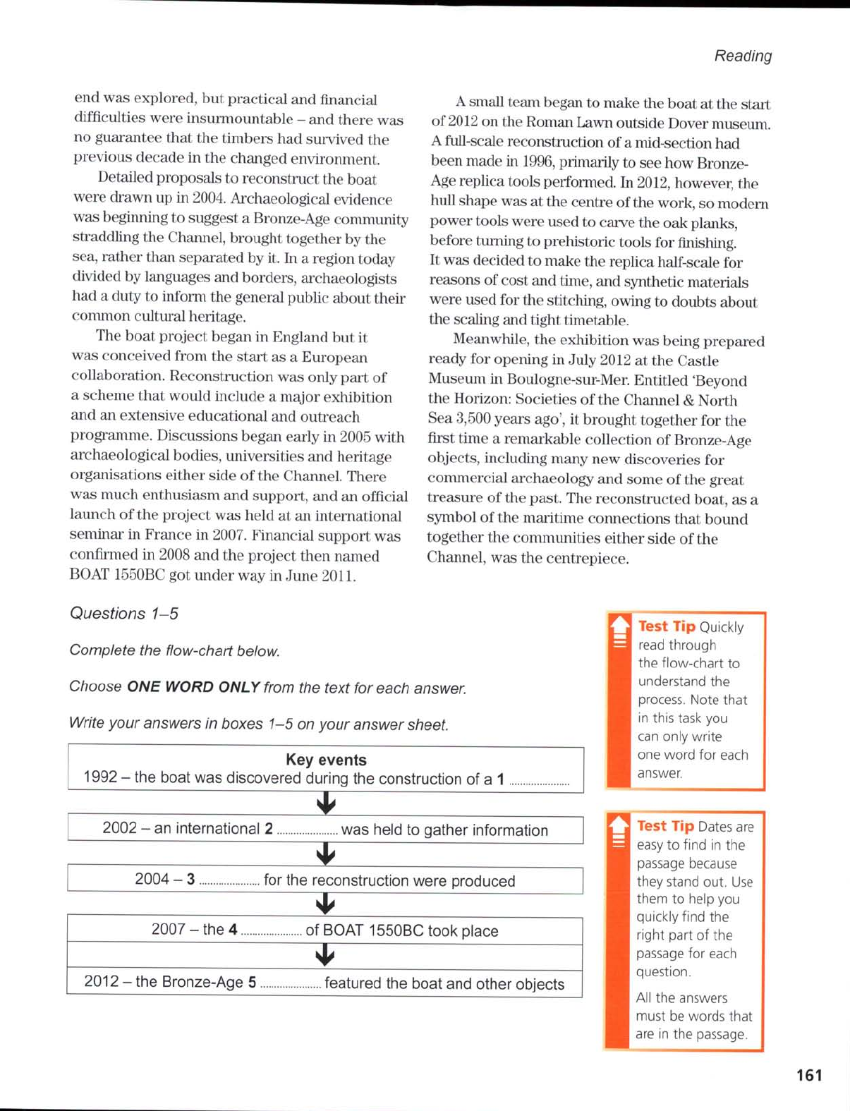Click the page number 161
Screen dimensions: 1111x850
click(809, 1075)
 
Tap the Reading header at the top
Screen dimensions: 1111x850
click(743, 56)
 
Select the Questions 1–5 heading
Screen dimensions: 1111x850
click(123, 614)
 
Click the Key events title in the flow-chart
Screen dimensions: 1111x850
click(326, 760)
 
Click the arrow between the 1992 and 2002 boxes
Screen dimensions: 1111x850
click(325, 803)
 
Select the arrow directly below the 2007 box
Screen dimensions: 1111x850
click(324, 956)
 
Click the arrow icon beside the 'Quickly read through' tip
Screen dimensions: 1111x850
click(619, 631)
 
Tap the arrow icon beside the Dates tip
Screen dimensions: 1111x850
click(619, 832)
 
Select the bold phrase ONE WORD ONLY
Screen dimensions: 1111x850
click(193, 687)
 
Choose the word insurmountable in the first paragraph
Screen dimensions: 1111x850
click(240, 119)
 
